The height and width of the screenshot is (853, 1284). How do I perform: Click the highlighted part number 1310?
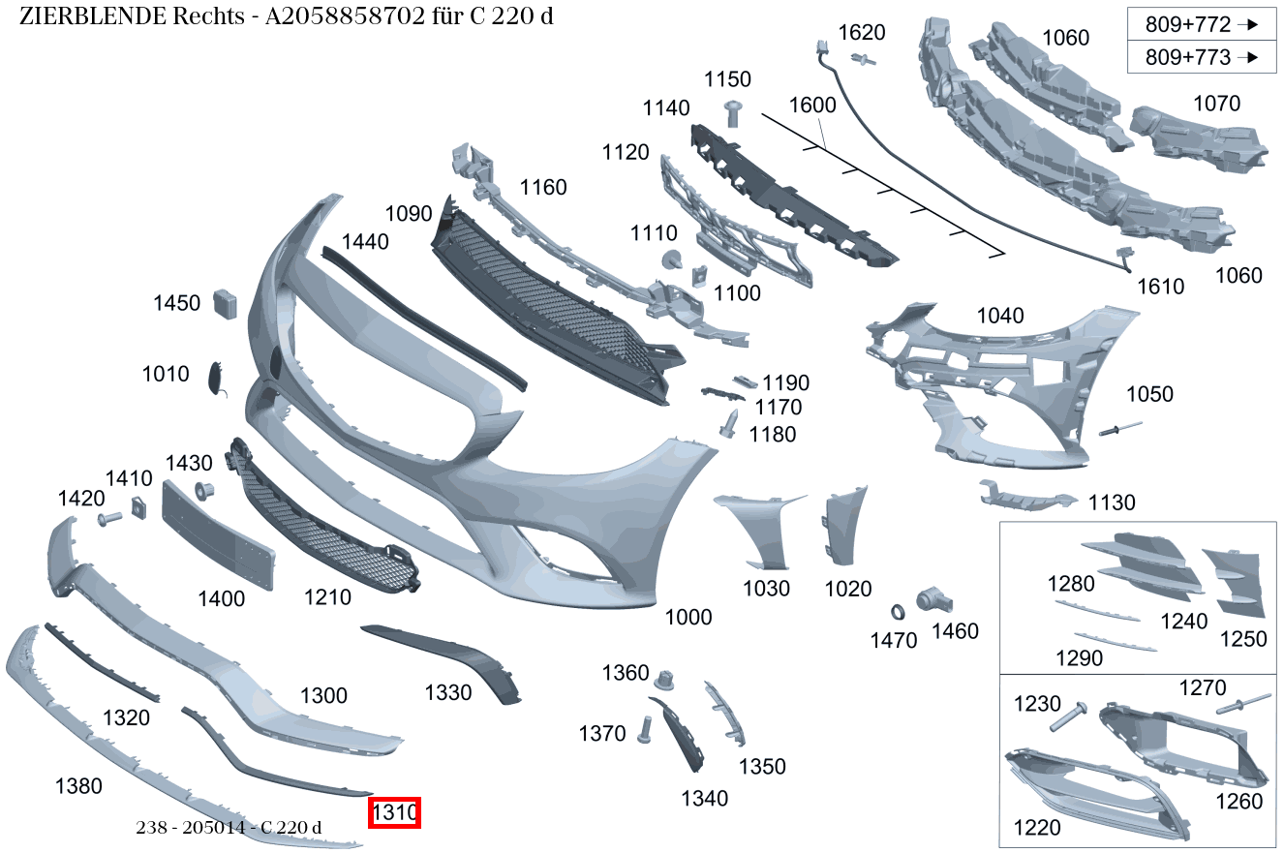(x=394, y=812)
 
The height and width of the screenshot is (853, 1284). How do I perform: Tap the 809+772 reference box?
(x=1202, y=24)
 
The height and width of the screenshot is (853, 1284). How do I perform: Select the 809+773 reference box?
(x=1202, y=57)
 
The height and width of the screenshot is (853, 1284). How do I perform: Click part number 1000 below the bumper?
(x=688, y=617)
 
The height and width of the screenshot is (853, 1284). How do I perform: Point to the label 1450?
(x=176, y=303)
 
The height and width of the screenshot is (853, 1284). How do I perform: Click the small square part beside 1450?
(x=226, y=304)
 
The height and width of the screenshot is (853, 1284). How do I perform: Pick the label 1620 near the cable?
(x=862, y=32)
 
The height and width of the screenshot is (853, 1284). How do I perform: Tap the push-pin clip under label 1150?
(x=733, y=113)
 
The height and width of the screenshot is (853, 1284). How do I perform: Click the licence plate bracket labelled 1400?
(x=219, y=535)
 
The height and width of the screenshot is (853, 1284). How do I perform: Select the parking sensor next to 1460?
(x=933, y=601)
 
